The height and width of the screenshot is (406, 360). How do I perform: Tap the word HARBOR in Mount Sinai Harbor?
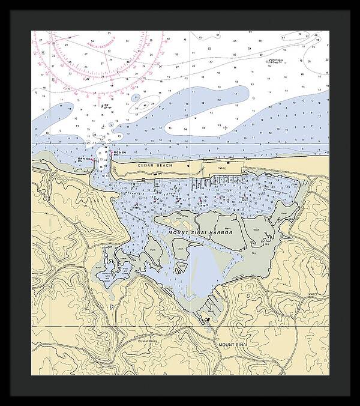pos(218,232)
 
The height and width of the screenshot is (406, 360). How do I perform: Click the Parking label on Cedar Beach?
pos(222,169)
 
